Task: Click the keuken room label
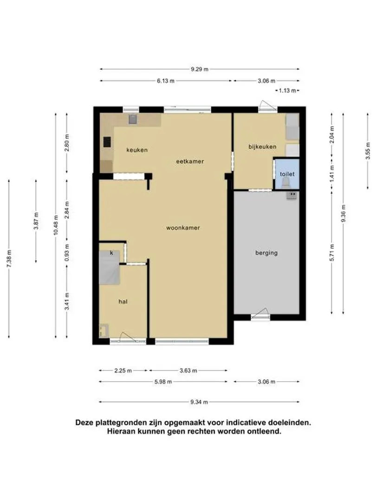[x=137, y=150]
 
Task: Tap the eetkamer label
[x=190, y=161]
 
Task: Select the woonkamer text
[x=183, y=228]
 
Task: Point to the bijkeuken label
[x=262, y=146]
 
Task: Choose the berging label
[x=266, y=253]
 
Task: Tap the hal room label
[x=123, y=302]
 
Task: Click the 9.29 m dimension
[x=200, y=69]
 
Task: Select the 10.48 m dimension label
[x=56, y=226]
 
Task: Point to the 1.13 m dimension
[x=287, y=91]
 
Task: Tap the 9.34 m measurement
[x=199, y=402]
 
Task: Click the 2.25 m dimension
[x=123, y=371]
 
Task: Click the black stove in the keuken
[x=107, y=142]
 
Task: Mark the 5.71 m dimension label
[x=332, y=252]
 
